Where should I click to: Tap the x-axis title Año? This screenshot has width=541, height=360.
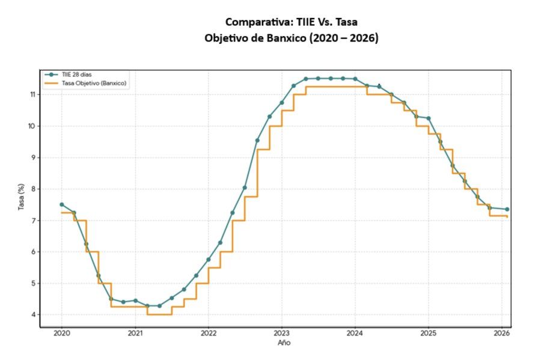coord(284,342)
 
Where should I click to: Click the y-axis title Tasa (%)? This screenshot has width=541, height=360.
coord(22,199)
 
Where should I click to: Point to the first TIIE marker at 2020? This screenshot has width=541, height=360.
coord(61,204)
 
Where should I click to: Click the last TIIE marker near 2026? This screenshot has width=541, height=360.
coord(507,209)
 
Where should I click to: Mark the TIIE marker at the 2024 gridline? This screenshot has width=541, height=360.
coord(355,79)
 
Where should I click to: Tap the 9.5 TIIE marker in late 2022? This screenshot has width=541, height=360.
coord(257,140)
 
